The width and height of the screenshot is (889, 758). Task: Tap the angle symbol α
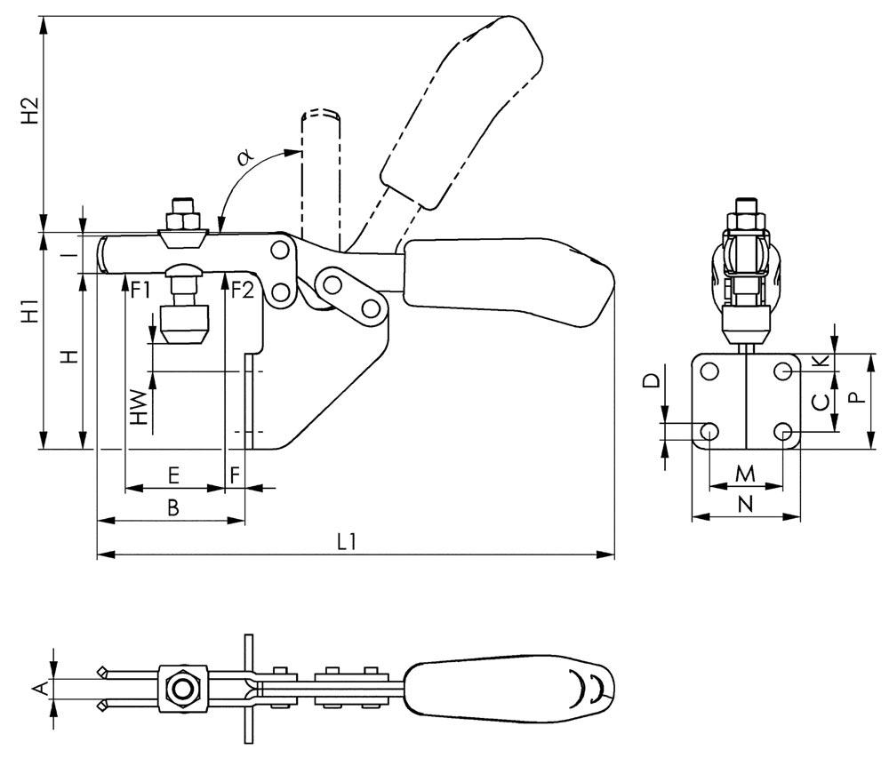coord(246,158)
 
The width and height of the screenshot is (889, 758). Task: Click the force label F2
coord(242,290)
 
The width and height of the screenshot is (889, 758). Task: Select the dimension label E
coord(174,475)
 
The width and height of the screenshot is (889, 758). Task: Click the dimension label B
coord(174,507)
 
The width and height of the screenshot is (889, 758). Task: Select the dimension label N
coord(746,504)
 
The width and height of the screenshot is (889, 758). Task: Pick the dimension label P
coord(855,397)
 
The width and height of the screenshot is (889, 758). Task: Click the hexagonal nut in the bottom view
coord(183,688)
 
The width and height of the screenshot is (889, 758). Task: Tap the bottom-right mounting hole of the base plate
coord(783,432)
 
